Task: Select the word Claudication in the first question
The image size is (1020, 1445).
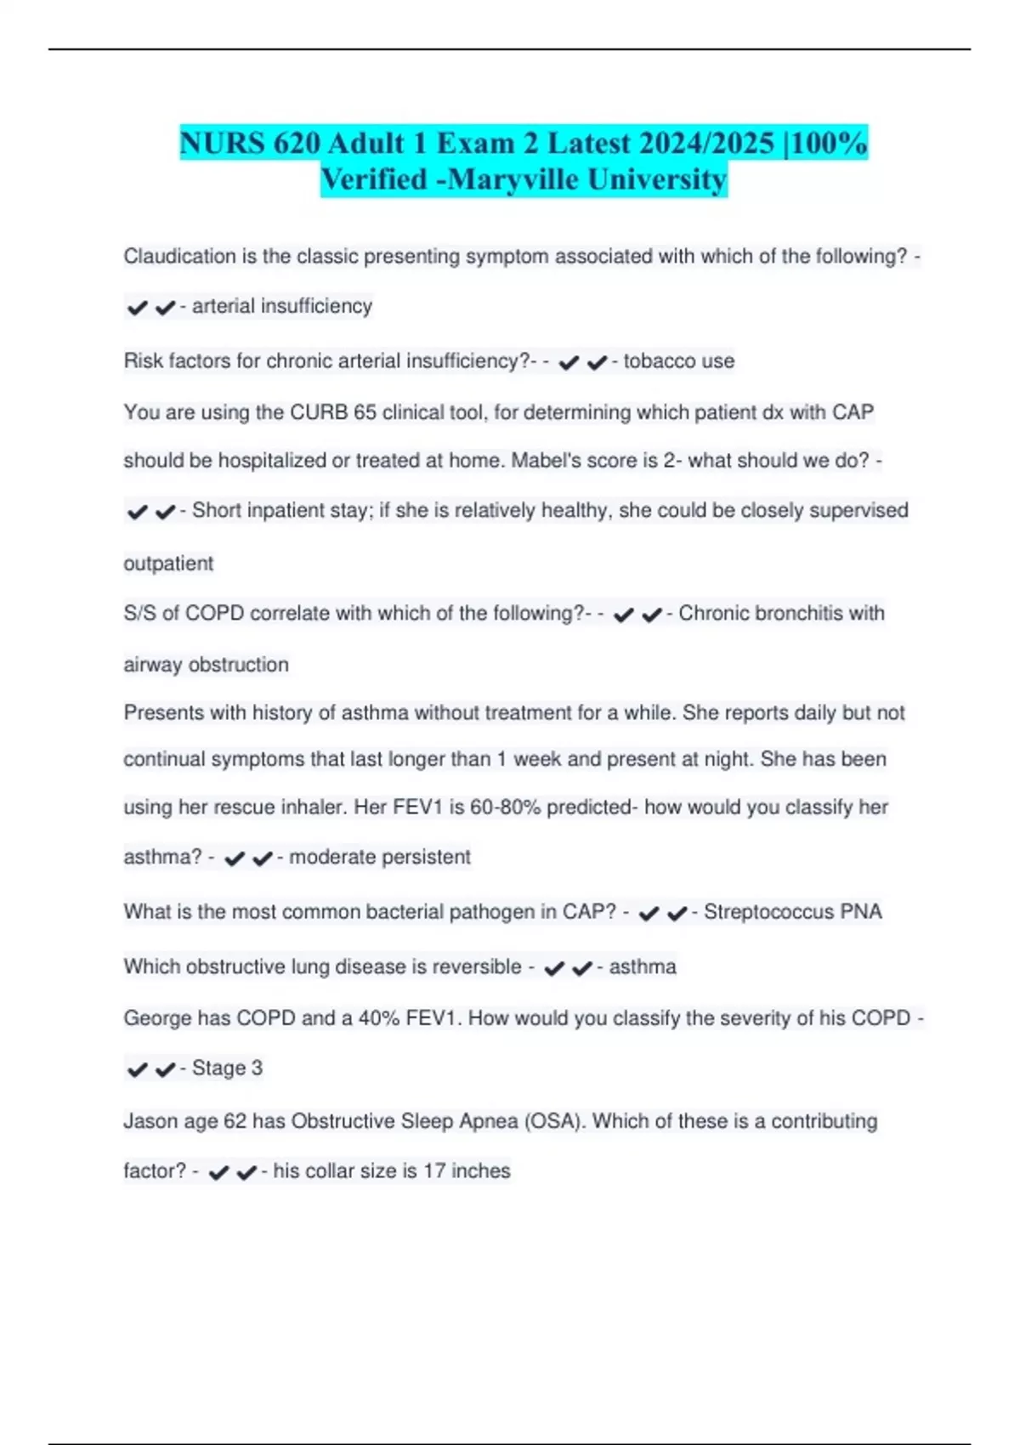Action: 179,257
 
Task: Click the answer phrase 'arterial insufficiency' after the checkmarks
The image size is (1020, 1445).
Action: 282,306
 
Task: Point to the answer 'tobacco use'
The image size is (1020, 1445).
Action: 679,361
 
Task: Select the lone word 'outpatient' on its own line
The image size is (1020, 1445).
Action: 168,564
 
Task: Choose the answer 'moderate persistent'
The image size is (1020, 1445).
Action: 380,857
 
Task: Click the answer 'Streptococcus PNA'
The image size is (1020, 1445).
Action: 793,912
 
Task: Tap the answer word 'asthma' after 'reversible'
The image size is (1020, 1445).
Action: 643,967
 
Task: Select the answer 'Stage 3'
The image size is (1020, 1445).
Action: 227,1068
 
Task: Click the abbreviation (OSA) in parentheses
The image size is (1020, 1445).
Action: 555,1122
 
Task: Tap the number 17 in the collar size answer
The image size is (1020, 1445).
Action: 434,1171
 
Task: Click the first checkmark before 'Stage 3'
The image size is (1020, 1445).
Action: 137,1069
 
